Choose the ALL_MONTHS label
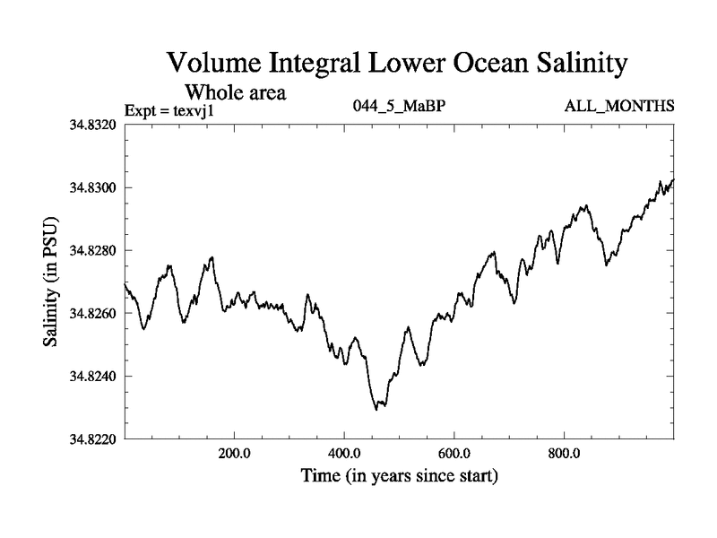coord(618,107)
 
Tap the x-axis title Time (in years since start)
coord(398,476)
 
